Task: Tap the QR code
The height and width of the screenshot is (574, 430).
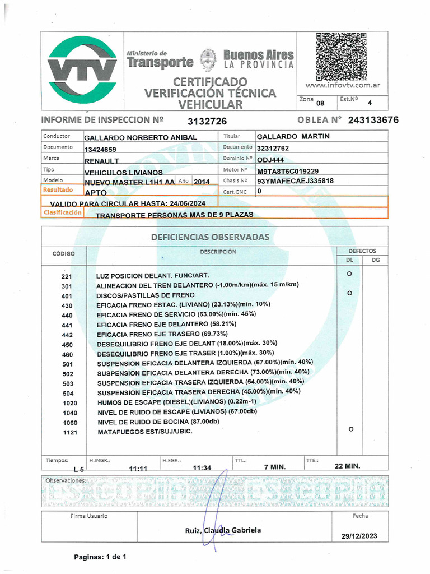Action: pos(340,57)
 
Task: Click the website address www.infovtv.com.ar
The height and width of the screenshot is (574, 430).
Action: pos(343,86)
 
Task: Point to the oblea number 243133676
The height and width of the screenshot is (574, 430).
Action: pos(373,121)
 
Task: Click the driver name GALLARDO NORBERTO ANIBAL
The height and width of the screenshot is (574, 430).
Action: pos(141,138)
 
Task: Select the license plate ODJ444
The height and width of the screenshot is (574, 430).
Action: pos(272,160)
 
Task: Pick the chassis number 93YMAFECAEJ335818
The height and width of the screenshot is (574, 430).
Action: pos(295,181)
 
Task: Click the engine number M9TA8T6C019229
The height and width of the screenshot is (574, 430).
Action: pos(288,170)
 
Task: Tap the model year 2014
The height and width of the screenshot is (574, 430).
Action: pos(202,182)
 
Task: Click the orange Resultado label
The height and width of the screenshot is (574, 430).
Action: pos(58,190)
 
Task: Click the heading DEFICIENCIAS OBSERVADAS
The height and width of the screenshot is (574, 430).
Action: pos(210,238)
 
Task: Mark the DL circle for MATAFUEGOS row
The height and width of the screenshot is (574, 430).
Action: pos(350,429)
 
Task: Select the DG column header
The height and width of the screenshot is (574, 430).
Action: pos(375,260)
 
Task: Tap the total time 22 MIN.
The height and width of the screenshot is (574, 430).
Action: pos(347,466)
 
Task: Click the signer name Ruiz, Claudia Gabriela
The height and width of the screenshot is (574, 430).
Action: pos(223,530)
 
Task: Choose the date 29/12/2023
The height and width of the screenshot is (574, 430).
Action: pos(359,536)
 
